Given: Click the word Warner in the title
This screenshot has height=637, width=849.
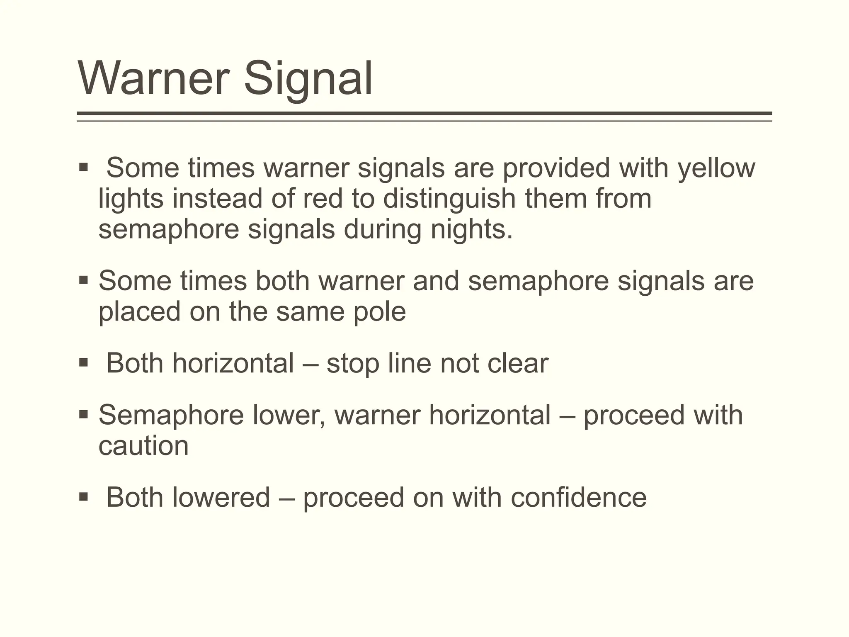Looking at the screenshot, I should [x=153, y=78].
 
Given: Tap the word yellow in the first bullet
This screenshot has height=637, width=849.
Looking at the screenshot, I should [x=716, y=168].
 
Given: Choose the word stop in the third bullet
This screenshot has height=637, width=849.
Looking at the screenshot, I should [x=353, y=364].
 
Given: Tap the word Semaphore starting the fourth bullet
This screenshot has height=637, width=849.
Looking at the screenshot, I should [x=171, y=415].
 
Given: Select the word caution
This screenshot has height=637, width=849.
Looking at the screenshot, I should [x=143, y=446].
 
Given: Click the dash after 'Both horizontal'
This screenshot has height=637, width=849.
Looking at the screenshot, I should [x=310, y=364].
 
